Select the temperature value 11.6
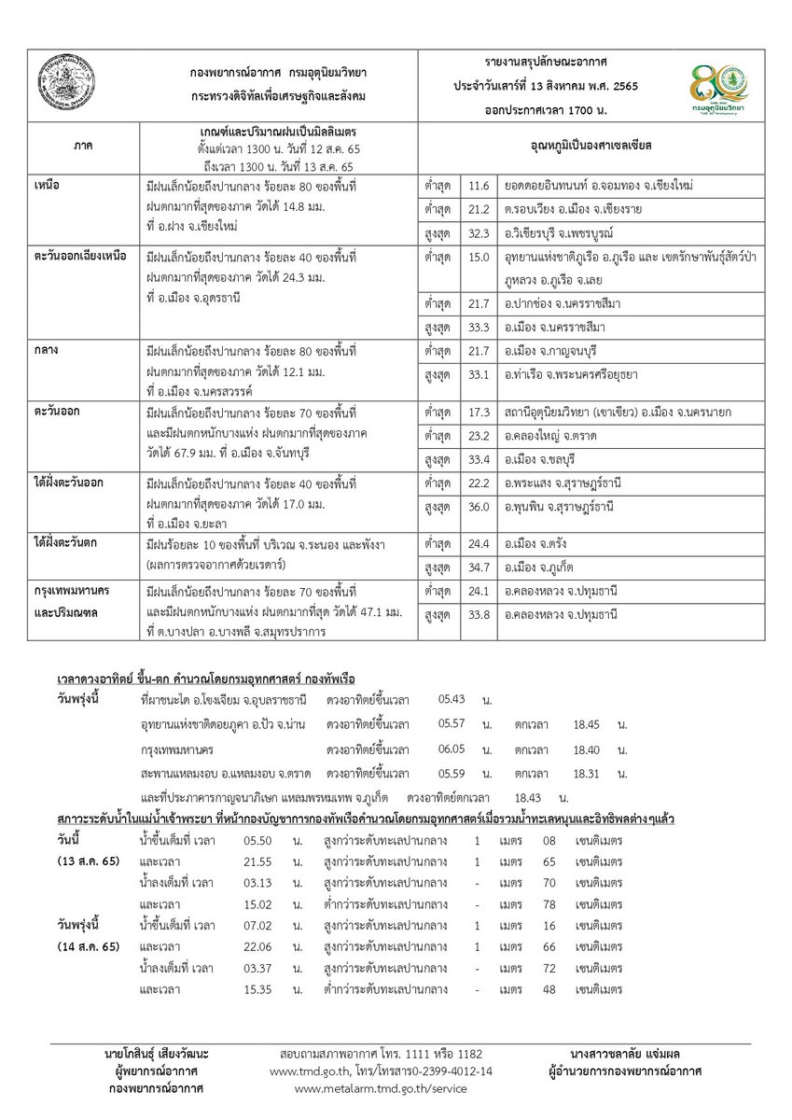pos(479,188)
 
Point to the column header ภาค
pos(82,147)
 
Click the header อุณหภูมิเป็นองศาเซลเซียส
pos(586,147)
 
